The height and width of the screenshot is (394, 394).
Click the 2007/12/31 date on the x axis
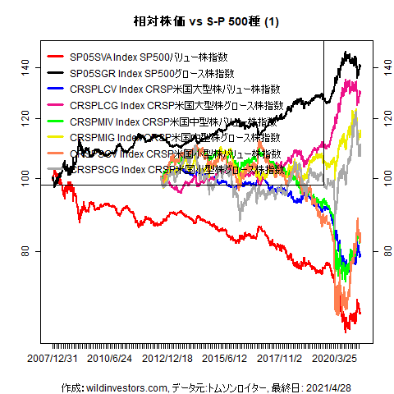coord(53,359)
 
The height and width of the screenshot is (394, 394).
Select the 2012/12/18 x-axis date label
coord(167,359)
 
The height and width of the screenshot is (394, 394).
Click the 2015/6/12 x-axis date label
coord(224,359)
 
